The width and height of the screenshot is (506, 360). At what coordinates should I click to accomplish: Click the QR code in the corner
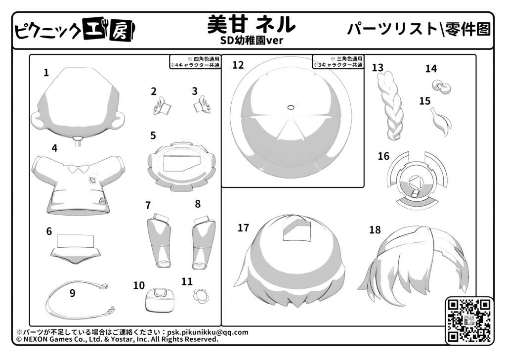pyautogui.click(x=469, y=320)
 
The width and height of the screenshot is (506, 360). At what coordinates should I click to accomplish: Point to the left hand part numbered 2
pyautogui.click(x=162, y=106)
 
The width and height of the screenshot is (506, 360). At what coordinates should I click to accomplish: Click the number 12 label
pyautogui.click(x=238, y=65)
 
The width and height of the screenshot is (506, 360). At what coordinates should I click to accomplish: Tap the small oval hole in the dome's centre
pyautogui.click(x=291, y=107)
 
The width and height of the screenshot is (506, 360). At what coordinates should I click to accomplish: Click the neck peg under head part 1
pyautogui.click(x=78, y=141)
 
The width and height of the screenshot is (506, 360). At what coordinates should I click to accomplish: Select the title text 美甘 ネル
pyautogui.click(x=251, y=25)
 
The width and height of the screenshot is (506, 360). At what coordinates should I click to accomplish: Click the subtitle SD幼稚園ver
pyautogui.click(x=252, y=41)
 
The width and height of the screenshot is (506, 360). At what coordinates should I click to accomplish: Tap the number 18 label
pyautogui.click(x=375, y=230)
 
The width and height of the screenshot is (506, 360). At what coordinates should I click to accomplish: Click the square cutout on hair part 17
pyautogui.click(x=297, y=230)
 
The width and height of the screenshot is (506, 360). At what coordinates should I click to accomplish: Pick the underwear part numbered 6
pyautogui.click(x=76, y=249)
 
